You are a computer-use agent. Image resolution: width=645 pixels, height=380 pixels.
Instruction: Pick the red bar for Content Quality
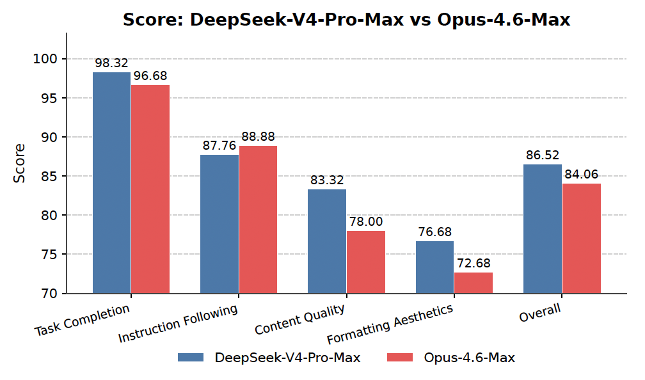[x=366, y=262]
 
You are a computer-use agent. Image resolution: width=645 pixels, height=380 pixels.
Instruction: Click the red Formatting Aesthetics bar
[x=474, y=283]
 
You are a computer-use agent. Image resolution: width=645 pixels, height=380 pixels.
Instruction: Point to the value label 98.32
[x=111, y=63]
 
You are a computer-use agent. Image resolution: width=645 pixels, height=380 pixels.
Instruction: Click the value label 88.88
[x=259, y=137]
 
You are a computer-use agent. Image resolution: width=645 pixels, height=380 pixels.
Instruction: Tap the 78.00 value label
[x=366, y=222]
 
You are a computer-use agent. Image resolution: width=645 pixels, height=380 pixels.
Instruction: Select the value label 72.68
[x=474, y=264]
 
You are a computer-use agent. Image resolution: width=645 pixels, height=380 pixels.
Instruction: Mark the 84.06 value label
[x=582, y=175]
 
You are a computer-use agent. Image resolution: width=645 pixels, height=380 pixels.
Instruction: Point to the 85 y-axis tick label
[x=49, y=176]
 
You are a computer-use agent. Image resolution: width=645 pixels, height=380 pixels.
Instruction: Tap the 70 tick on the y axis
[x=49, y=294]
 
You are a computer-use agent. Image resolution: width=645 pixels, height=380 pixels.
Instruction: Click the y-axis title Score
[x=20, y=163]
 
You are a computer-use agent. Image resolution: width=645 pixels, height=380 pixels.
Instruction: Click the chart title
[x=346, y=20]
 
